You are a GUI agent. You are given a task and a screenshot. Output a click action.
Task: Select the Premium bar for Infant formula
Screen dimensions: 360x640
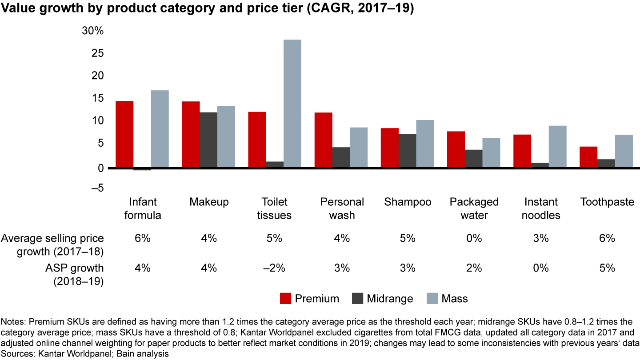point(124,134)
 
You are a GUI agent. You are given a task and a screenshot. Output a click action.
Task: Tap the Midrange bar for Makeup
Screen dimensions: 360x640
point(208,140)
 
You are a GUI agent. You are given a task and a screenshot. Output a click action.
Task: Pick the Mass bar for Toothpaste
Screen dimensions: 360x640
point(624,151)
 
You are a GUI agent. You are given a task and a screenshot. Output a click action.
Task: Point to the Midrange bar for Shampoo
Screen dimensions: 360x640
point(408,151)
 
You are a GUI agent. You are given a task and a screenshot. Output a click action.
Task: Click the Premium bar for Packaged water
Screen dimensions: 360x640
point(456,149)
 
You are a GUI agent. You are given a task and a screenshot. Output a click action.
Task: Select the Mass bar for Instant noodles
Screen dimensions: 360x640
point(558,147)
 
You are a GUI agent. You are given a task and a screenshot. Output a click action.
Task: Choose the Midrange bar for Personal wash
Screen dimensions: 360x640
point(341,157)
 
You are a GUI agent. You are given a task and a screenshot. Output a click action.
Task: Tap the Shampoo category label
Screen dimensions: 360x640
point(408,202)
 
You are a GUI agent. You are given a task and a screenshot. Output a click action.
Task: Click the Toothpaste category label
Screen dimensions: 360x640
point(607,202)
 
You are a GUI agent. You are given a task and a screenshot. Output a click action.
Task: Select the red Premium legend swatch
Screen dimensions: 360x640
point(285,299)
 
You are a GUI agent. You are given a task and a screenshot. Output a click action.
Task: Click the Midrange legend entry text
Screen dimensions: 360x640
point(390,299)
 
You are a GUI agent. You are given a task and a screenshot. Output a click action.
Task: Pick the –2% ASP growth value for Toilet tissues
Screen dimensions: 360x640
point(275,268)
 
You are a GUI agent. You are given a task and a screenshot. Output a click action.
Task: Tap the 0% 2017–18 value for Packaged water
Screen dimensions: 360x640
point(474,238)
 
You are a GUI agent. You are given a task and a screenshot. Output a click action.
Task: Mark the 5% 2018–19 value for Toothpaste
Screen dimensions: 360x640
point(607,268)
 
